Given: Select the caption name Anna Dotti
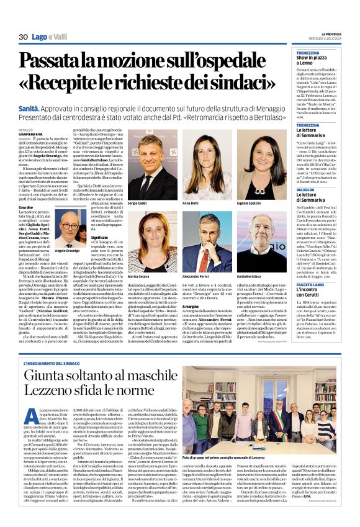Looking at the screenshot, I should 190,203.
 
